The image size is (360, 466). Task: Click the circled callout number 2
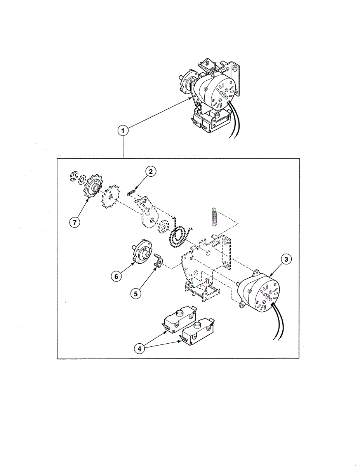click(150, 171)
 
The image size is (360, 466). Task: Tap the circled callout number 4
click(139, 348)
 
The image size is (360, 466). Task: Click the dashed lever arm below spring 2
click(148, 212)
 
